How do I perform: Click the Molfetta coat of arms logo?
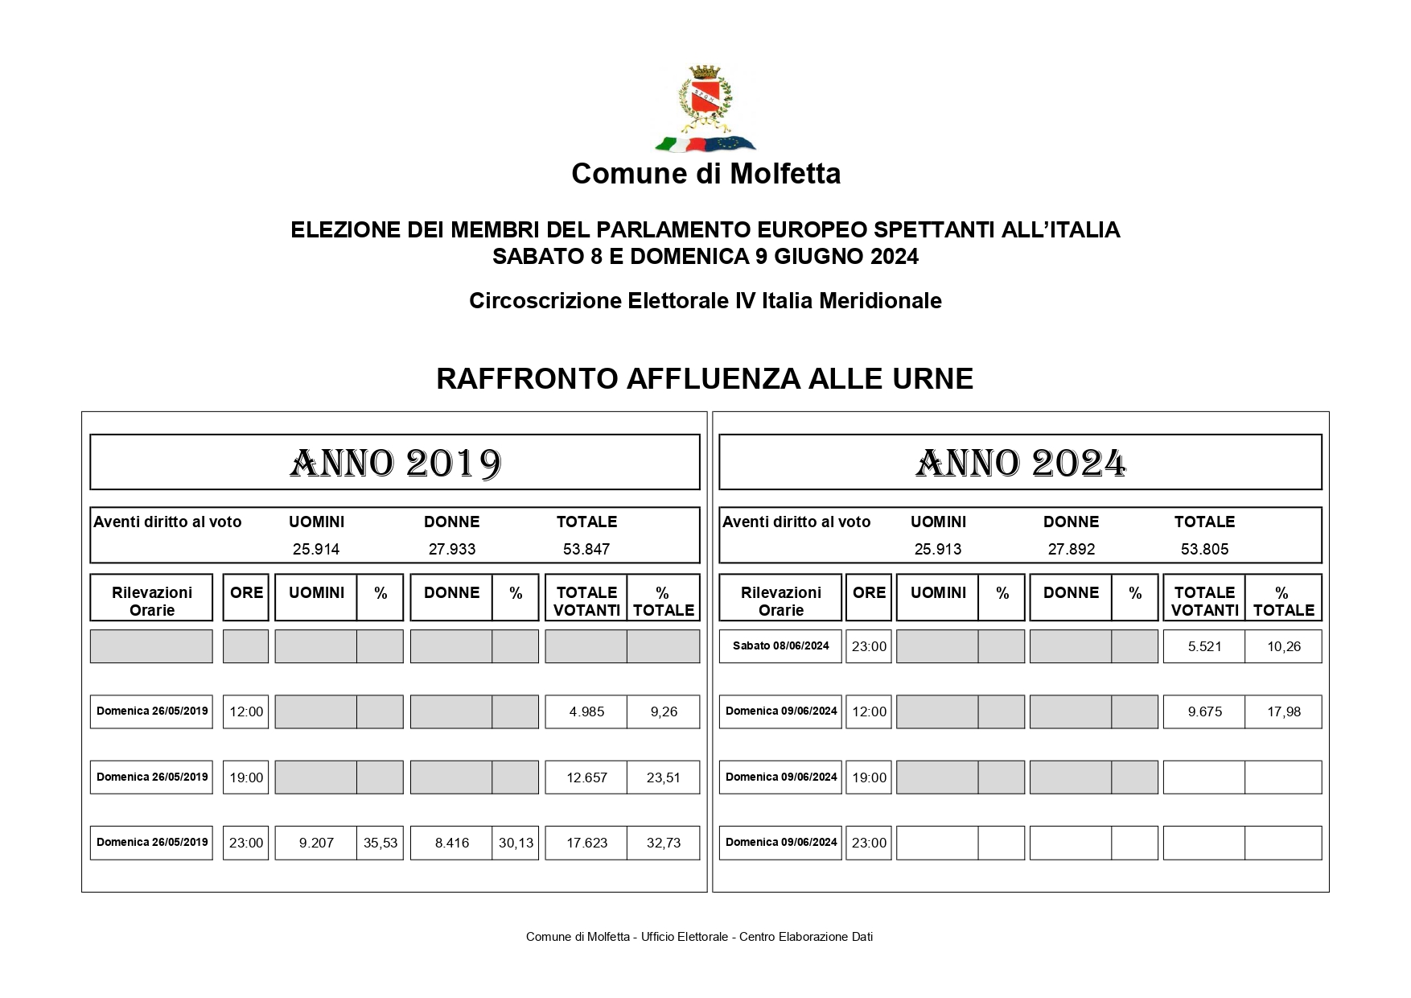705,109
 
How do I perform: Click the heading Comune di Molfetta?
705,174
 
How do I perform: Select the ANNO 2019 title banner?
395,463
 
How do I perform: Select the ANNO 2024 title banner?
1020,463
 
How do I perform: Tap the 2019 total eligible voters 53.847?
586,550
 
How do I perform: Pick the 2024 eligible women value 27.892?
1071,550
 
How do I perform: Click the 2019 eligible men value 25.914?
316,550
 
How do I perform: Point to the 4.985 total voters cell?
586,712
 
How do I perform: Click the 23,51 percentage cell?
663,777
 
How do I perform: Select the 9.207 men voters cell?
316,843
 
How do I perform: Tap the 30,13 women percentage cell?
516,843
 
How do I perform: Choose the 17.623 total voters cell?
586,843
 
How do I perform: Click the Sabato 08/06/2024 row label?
780,646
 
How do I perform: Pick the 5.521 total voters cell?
1204,646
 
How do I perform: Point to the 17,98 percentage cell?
1283,712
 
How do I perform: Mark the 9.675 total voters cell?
1204,712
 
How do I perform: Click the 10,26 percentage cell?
1283,646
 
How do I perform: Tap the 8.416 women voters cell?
451,843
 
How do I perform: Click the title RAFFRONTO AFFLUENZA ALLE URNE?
705,378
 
